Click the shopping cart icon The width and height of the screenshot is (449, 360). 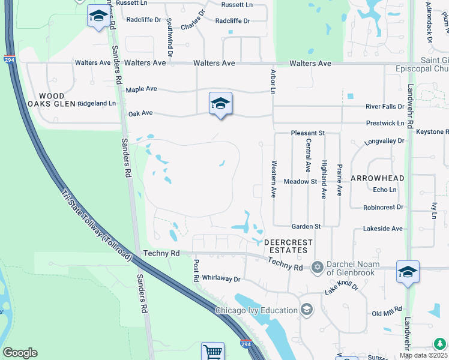pyautogui.click(x=212, y=352)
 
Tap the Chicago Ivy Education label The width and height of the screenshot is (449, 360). pyautogui.click(x=256, y=310)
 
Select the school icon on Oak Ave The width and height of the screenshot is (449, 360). pyautogui.click(x=220, y=104)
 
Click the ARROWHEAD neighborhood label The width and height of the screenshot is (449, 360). pyautogui.click(x=377, y=179)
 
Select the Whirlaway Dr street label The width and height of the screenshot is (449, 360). pyautogui.click(x=221, y=279)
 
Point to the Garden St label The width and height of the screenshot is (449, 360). pyautogui.click(x=306, y=226)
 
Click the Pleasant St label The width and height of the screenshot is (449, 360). pyautogui.click(x=307, y=133)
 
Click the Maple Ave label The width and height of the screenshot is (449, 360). pyautogui.click(x=141, y=89)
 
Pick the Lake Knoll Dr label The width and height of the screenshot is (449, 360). pyautogui.click(x=342, y=289)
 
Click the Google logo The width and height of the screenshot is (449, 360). pyautogui.click(x=20, y=353)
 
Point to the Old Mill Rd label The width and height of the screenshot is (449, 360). pyautogui.click(x=386, y=314)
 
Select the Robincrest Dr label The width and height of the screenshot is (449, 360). pyautogui.click(x=383, y=208)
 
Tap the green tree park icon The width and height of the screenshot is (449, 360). pyautogui.click(x=440, y=343)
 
